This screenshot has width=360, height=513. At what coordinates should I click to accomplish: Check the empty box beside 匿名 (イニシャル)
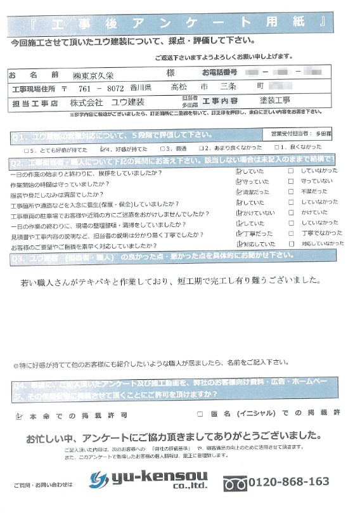pyautogui.click(x=200, y=414)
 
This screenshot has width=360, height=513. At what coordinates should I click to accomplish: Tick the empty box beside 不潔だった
pyautogui.click(x=291, y=193)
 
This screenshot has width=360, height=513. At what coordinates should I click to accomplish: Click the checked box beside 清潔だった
pyautogui.click(x=238, y=193)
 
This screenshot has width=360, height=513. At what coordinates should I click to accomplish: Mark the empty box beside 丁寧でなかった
pyautogui.click(x=291, y=234)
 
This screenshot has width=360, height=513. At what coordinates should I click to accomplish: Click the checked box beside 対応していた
pyautogui.click(x=238, y=244)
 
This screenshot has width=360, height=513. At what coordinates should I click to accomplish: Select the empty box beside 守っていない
pyautogui.click(x=291, y=182)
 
